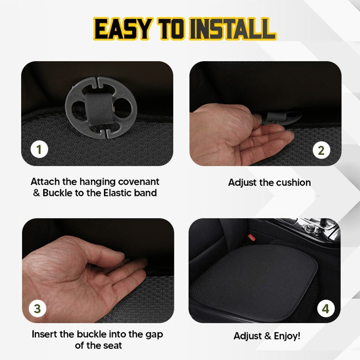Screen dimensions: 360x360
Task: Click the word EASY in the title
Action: tap(122, 29)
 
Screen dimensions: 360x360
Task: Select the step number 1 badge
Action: tap(40, 150)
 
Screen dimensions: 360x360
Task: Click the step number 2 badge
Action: tap(321, 150)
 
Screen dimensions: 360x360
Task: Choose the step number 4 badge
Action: tap(325, 309)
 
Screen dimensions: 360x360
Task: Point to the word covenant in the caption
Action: tap(137, 182)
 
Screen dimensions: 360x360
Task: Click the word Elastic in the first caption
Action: tap(120, 193)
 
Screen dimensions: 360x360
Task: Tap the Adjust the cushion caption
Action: tap(269, 183)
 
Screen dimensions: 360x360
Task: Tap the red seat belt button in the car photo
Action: tap(251, 238)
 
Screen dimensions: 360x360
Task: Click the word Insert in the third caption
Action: tap(45, 334)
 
